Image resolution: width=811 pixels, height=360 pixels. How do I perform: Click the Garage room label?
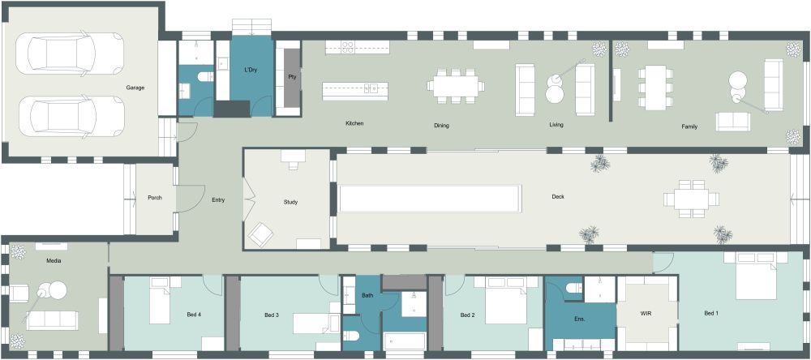pos(135,88)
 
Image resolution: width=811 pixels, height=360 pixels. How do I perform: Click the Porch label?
pos(154,198)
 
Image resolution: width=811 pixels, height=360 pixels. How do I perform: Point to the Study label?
pos(291,202)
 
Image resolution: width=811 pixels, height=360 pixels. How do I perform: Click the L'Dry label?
pos(251,71)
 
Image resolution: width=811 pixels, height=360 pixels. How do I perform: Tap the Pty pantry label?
pos(292,77)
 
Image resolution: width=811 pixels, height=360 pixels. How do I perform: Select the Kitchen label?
pos(354,123)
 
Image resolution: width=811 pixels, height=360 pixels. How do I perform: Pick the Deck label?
pos(558,196)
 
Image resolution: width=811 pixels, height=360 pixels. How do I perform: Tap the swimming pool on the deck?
pos(429,199)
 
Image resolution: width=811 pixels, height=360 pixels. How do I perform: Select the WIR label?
pos(646,312)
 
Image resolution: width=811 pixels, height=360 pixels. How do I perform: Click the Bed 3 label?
pos(272,315)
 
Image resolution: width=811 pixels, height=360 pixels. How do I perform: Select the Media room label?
pos(54,261)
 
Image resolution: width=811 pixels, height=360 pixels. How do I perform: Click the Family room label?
pos(689,126)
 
